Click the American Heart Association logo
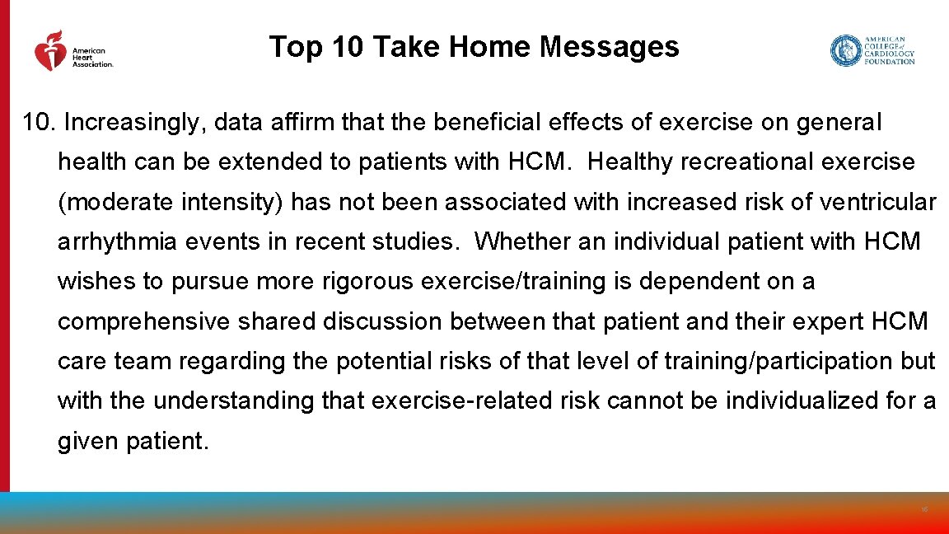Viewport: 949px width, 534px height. [72, 51]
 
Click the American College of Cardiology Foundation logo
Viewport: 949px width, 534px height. [872, 50]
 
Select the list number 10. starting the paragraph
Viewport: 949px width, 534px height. [40, 123]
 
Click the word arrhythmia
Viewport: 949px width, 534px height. [115, 241]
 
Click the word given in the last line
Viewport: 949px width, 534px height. [88, 441]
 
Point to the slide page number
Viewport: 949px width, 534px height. [924, 510]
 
